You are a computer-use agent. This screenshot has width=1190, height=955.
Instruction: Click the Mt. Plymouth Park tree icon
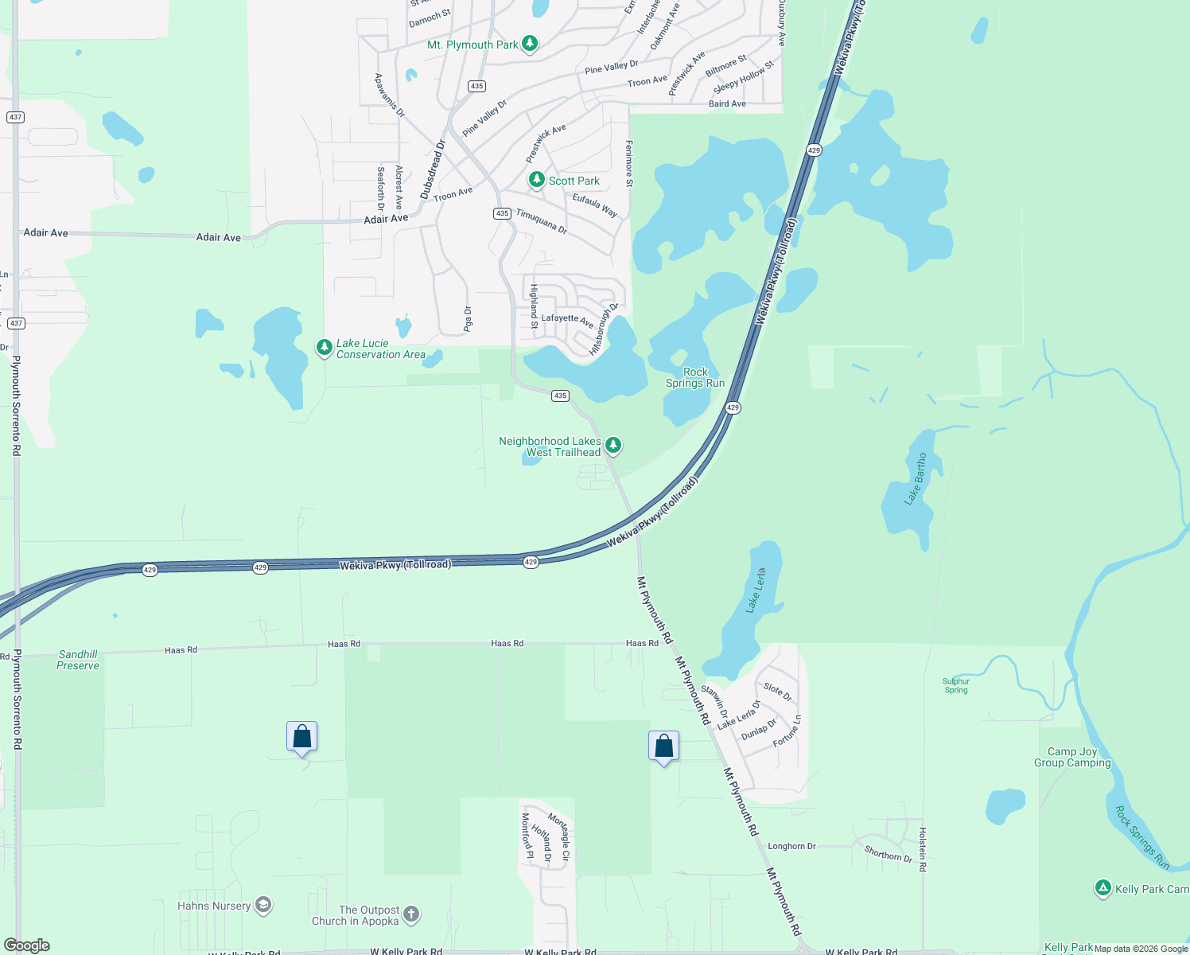(530, 44)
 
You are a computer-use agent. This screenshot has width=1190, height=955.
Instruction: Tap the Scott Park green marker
(537, 180)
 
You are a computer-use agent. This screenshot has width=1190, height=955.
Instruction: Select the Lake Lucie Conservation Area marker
(324, 348)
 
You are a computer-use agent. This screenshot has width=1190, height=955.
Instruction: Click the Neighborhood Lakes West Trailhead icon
(612, 445)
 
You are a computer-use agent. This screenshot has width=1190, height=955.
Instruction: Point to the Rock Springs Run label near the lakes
(695, 377)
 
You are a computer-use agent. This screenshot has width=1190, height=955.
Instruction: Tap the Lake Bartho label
(916, 479)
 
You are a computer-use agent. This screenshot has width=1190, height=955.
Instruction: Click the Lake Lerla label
(756, 591)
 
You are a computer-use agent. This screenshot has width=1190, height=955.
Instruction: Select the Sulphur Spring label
(956, 685)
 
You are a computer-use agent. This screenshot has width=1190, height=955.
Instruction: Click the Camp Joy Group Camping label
(1072, 757)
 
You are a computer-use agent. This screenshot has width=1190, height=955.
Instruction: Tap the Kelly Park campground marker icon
(1102, 888)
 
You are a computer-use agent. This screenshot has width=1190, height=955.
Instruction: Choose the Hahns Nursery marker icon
(263, 905)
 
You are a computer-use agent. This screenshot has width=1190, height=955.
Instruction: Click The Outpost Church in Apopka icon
(411, 914)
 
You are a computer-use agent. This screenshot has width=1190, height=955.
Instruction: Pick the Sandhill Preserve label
(78, 660)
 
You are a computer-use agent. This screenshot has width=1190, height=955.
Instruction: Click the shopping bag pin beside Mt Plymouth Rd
(664, 746)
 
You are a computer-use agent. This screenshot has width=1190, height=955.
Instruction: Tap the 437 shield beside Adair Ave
(15, 117)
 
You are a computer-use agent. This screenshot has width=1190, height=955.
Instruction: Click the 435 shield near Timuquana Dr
(502, 213)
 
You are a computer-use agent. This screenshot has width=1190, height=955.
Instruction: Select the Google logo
(27, 945)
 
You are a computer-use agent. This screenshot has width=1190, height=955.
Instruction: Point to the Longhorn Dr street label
(791, 846)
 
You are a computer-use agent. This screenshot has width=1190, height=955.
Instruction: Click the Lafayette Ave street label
(567, 318)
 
